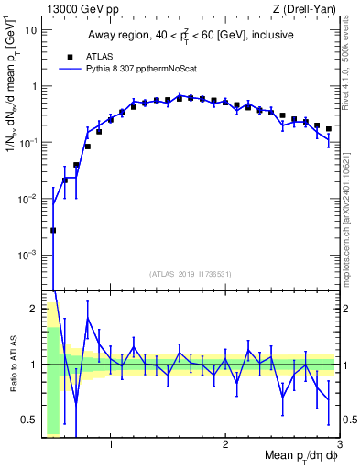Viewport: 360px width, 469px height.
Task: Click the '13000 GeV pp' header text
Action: click(x=78, y=8)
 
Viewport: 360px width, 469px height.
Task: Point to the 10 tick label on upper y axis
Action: click(x=29, y=30)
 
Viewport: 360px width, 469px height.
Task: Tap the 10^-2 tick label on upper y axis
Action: click(x=27, y=199)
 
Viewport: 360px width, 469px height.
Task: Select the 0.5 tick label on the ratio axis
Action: click(x=28, y=420)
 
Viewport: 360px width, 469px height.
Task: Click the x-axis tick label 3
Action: click(x=339, y=445)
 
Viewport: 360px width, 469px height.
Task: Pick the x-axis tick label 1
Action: click(x=111, y=445)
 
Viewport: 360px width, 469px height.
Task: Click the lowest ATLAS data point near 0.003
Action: click(x=53, y=231)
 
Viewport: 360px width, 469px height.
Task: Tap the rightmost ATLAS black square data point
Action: click(x=328, y=129)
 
